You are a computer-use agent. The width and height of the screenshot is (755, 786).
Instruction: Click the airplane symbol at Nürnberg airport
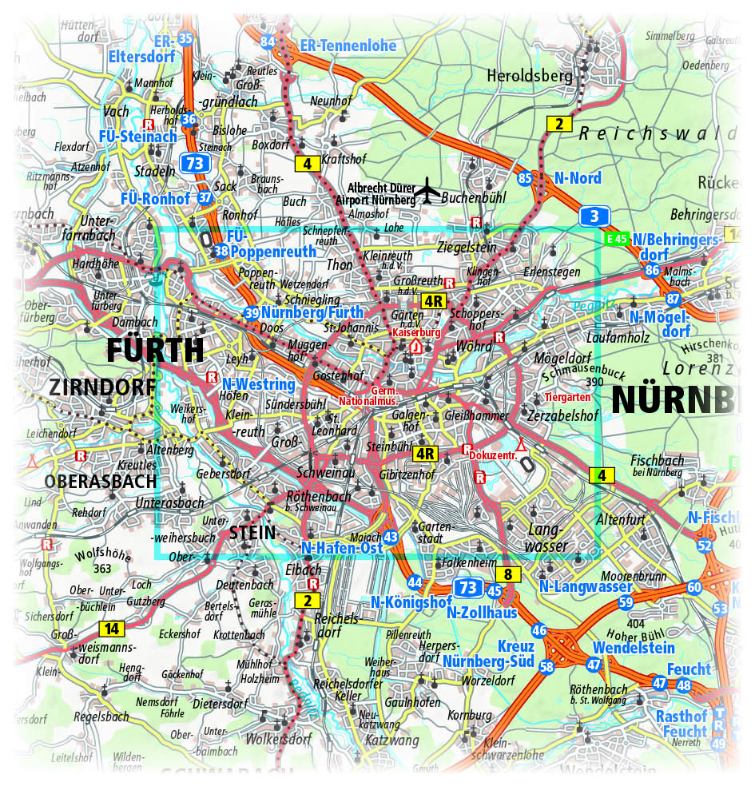pyautogui.click(x=428, y=191)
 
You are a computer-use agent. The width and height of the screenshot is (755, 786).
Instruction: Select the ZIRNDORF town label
pyautogui.click(x=101, y=388)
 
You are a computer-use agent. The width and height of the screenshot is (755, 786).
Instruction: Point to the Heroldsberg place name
pyautogui.click(x=530, y=76)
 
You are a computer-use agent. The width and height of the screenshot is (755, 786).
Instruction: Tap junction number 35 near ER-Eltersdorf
pyautogui.click(x=186, y=38)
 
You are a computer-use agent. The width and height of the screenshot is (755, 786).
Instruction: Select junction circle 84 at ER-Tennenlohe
pyautogui.click(x=268, y=42)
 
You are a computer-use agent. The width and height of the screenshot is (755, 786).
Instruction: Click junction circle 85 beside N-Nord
pyautogui.click(x=524, y=178)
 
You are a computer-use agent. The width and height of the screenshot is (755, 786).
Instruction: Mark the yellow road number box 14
pyautogui.click(x=112, y=628)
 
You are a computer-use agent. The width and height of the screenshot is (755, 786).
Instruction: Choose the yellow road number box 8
pyautogui.click(x=508, y=574)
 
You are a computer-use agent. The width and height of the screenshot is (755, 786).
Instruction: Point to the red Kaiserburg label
pyautogui.click(x=415, y=331)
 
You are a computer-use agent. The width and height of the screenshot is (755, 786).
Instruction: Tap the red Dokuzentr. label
pyautogui.click(x=492, y=455)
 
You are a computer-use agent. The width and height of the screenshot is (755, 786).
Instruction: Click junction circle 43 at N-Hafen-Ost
pyautogui.click(x=390, y=538)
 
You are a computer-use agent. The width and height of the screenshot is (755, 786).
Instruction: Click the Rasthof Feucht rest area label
pyautogui.click(x=681, y=723)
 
